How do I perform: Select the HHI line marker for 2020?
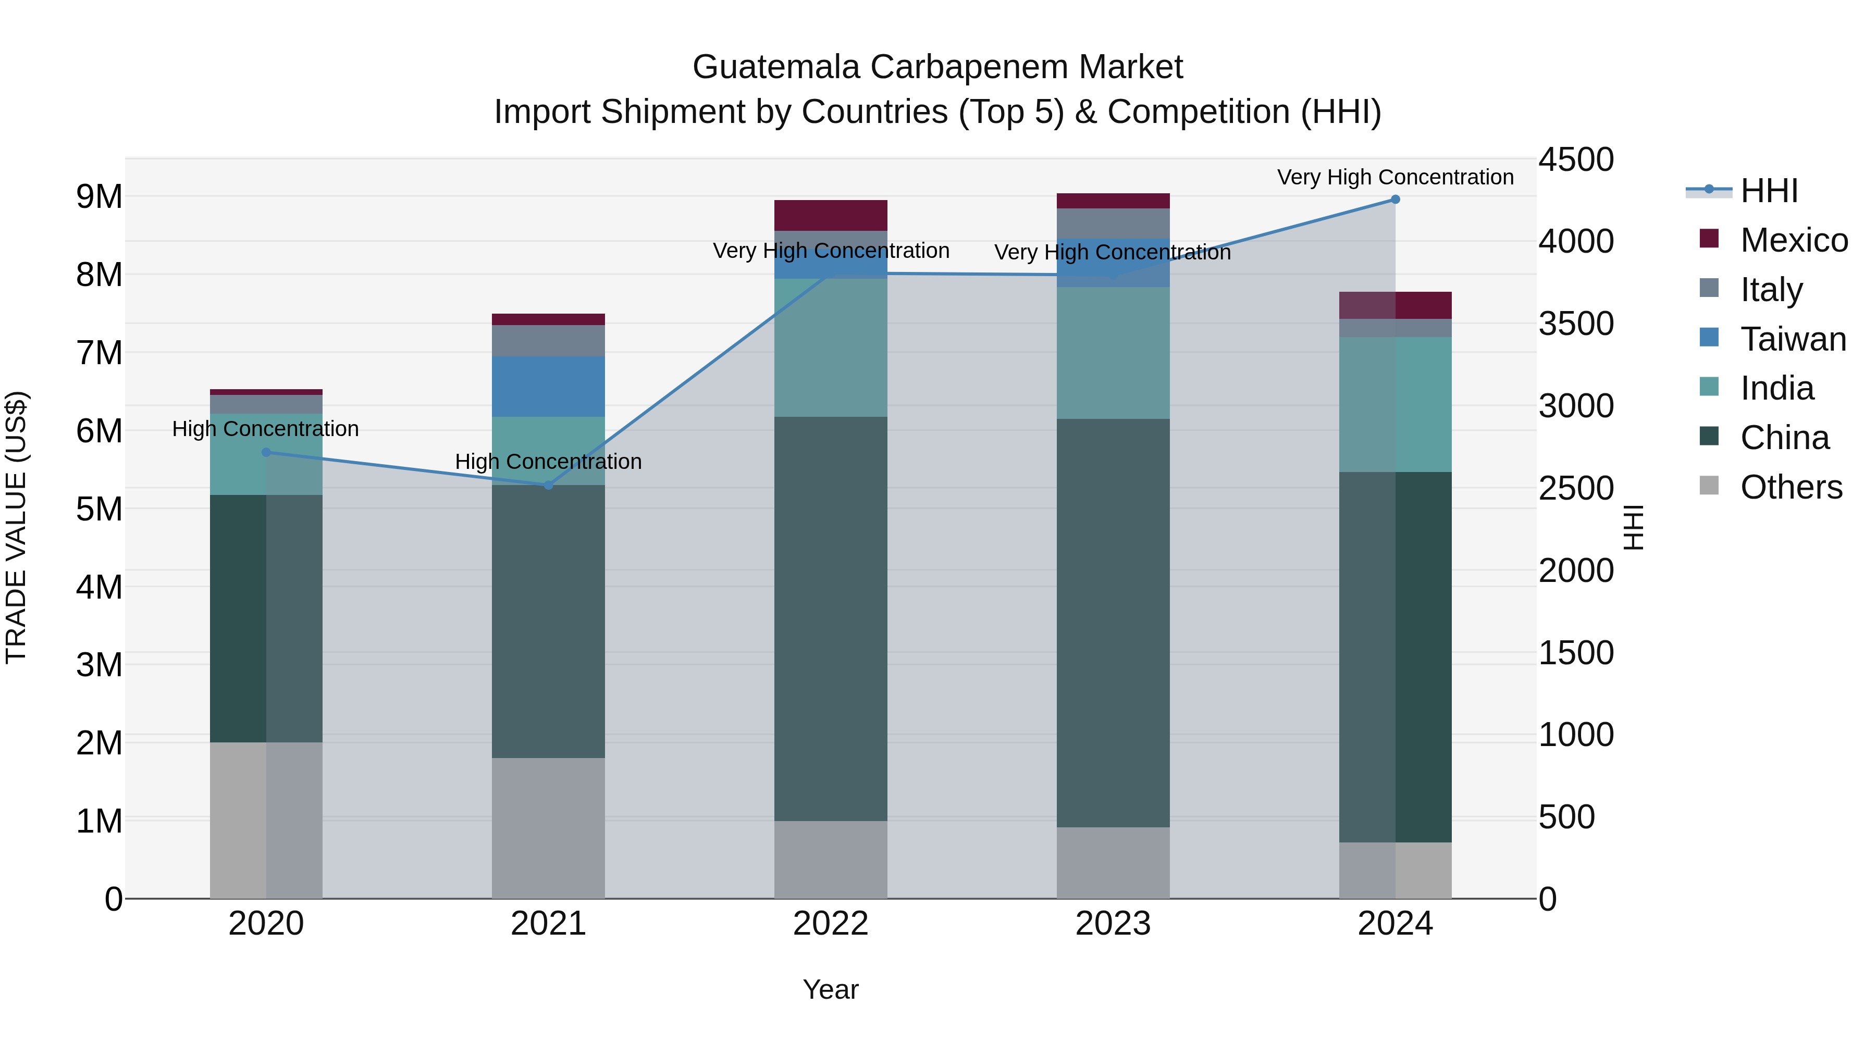tap(266, 452)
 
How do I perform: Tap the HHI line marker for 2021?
tap(548, 485)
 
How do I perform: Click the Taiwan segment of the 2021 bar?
tap(548, 386)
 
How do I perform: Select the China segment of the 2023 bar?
tap(1113, 623)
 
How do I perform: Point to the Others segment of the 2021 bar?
tap(548, 828)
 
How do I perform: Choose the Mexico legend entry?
tap(1794, 240)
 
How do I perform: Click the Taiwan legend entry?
tap(1793, 339)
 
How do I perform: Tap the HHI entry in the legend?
tap(1769, 191)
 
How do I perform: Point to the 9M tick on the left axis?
tap(99, 196)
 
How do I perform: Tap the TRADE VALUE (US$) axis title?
tap(17, 528)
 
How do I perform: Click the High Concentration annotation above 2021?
tap(548, 462)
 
